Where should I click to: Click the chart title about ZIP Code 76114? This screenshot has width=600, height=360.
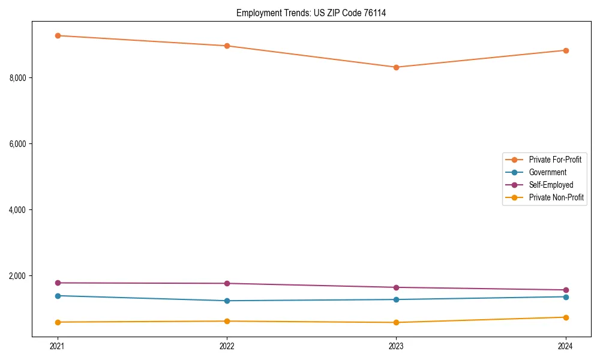point(311,13)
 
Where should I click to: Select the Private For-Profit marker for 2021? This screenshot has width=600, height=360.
point(58,35)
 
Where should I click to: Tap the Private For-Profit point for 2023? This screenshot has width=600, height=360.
point(397,67)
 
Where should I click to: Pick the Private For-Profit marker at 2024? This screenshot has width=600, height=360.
point(566,50)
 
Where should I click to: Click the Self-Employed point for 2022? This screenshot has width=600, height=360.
point(227,283)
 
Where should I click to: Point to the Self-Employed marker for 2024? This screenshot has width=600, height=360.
point(566,290)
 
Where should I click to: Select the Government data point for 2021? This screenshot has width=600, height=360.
point(58,296)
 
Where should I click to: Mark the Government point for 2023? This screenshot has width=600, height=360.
point(397,299)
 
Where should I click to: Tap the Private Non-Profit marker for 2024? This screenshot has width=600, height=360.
point(566,317)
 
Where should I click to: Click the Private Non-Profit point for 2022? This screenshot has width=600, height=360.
point(227,321)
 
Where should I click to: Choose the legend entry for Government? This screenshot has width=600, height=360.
point(547,172)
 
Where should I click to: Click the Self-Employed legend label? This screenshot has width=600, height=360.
point(551,185)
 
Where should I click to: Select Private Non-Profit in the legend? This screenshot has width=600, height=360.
point(556,197)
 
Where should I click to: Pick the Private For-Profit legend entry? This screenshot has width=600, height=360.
point(555,160)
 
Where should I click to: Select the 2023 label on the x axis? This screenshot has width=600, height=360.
point(397,346)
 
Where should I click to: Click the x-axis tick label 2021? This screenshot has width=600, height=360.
point(58,346)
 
